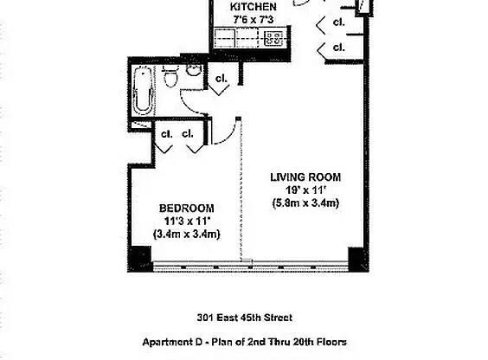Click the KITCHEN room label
pos(253,8)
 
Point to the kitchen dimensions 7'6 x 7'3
pos(253,20)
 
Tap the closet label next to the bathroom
pos(221,80)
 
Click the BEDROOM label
pos(186,209)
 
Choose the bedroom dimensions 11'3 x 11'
pos(186,221)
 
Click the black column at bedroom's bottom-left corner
pos(140,257)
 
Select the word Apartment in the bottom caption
pos(168,342)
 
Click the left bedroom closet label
pos(164,134)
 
